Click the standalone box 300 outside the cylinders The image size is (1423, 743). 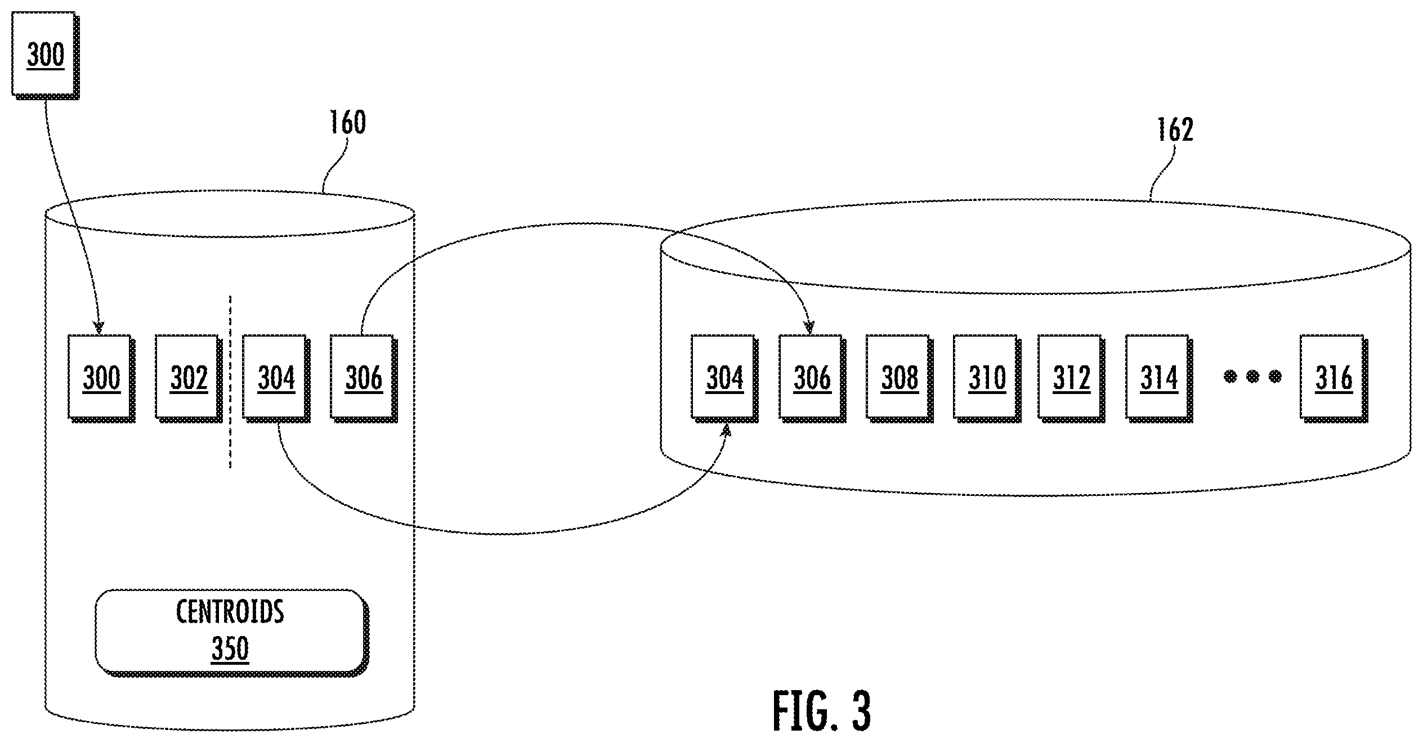pos(46,55)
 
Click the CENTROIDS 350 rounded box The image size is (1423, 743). pos(231,632)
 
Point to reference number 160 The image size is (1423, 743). pos(347,122)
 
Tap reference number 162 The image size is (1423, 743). pos(1175,129)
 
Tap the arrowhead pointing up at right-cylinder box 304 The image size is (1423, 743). pos(726,431)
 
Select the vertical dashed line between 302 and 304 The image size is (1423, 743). pos(230,381)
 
